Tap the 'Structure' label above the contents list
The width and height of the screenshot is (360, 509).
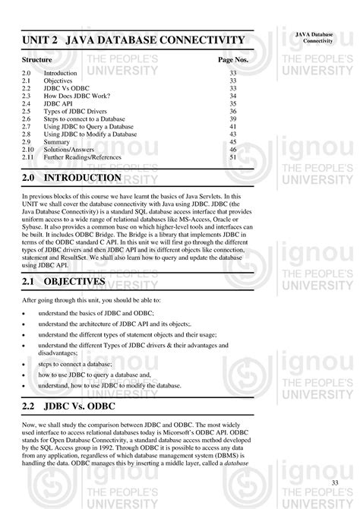coord(36,58)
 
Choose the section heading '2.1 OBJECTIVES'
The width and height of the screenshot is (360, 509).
coord(64,282)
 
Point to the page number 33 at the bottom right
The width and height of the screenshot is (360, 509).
coord(335,483)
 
